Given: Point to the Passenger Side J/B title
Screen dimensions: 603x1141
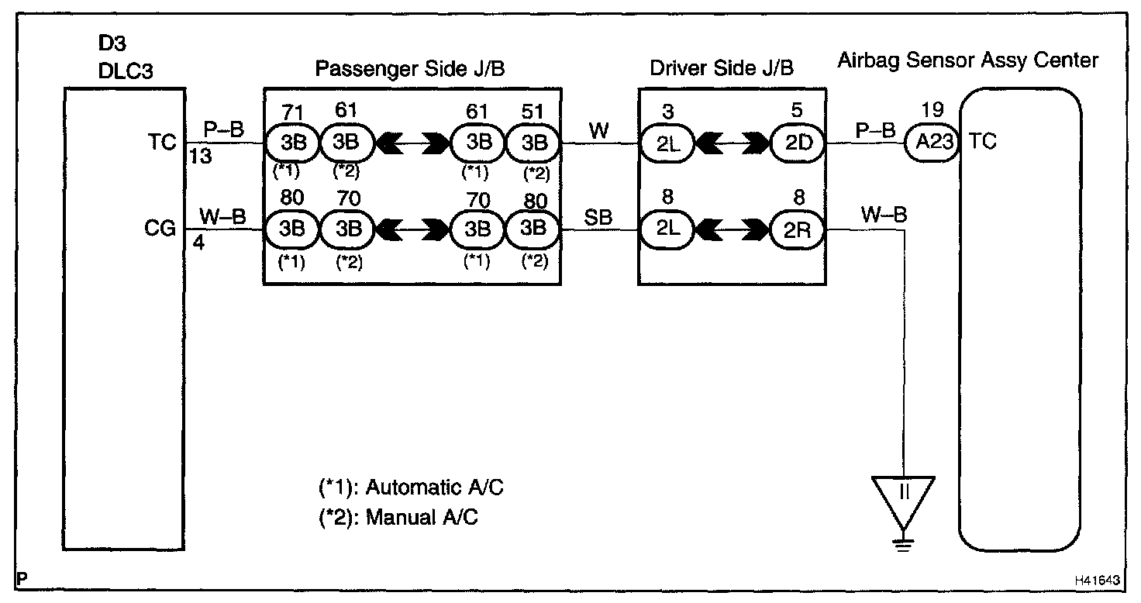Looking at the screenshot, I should (x=410, y=69).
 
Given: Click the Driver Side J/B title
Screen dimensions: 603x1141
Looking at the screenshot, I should (x=722, y=69).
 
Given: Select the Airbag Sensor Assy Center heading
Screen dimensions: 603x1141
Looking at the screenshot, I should (x=967, y=60).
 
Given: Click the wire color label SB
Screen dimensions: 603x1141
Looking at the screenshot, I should (x=598, y=218).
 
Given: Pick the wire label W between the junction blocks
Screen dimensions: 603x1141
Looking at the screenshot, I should (x=598, y=130).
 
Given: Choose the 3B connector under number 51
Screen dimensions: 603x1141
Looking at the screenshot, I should (x=533, y=143).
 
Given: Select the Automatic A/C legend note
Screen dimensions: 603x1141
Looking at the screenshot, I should (x=415, y=488).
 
